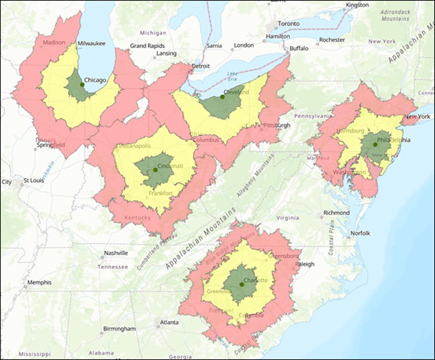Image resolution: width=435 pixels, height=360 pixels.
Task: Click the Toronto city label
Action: (x=289, y=23)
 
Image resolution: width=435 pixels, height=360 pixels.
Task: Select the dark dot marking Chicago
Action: (x=82, y=84)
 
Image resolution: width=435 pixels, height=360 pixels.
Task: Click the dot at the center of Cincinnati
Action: (x=155, y=170)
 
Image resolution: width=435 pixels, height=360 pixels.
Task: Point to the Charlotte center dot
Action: (x=242, y=284)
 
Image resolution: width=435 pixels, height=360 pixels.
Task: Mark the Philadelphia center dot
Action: (x=375, y=144)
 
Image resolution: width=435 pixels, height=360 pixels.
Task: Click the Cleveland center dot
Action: (x=222, y=96)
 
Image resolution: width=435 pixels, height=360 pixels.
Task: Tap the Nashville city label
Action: (x=118, y=254)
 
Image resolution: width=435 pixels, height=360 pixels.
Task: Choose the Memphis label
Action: (x=39, y=282)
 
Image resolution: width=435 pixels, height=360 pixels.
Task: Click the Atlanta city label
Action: (x=171, y=322)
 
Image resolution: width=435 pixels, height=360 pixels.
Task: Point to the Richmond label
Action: (x=336, y=213)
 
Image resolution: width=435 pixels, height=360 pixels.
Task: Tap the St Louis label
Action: (x=33, y=181)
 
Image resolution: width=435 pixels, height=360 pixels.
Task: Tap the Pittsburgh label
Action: (x=277, y=125)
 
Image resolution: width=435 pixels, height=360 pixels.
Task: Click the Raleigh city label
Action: (x=304, y=264)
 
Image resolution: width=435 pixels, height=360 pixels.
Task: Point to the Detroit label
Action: (x=201, y=66)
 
